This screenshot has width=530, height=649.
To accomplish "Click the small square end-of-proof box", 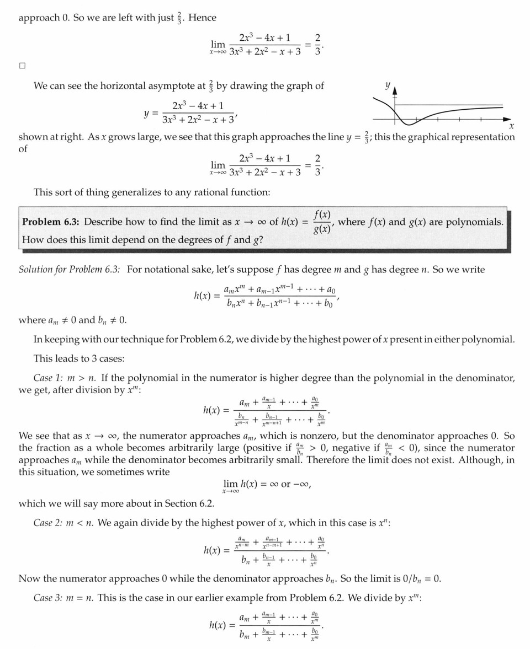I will click(x=22, y=66).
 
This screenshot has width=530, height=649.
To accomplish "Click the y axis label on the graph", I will click(x=388, y=86).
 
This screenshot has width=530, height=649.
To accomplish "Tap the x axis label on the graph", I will click(x=511, y=127).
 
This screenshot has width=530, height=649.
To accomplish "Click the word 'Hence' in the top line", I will click(x=202, y=18).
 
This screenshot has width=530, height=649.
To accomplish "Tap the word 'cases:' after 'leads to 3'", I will click(x=111, y=358).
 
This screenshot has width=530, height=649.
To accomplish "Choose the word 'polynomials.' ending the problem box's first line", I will click(x=475, y=222).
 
